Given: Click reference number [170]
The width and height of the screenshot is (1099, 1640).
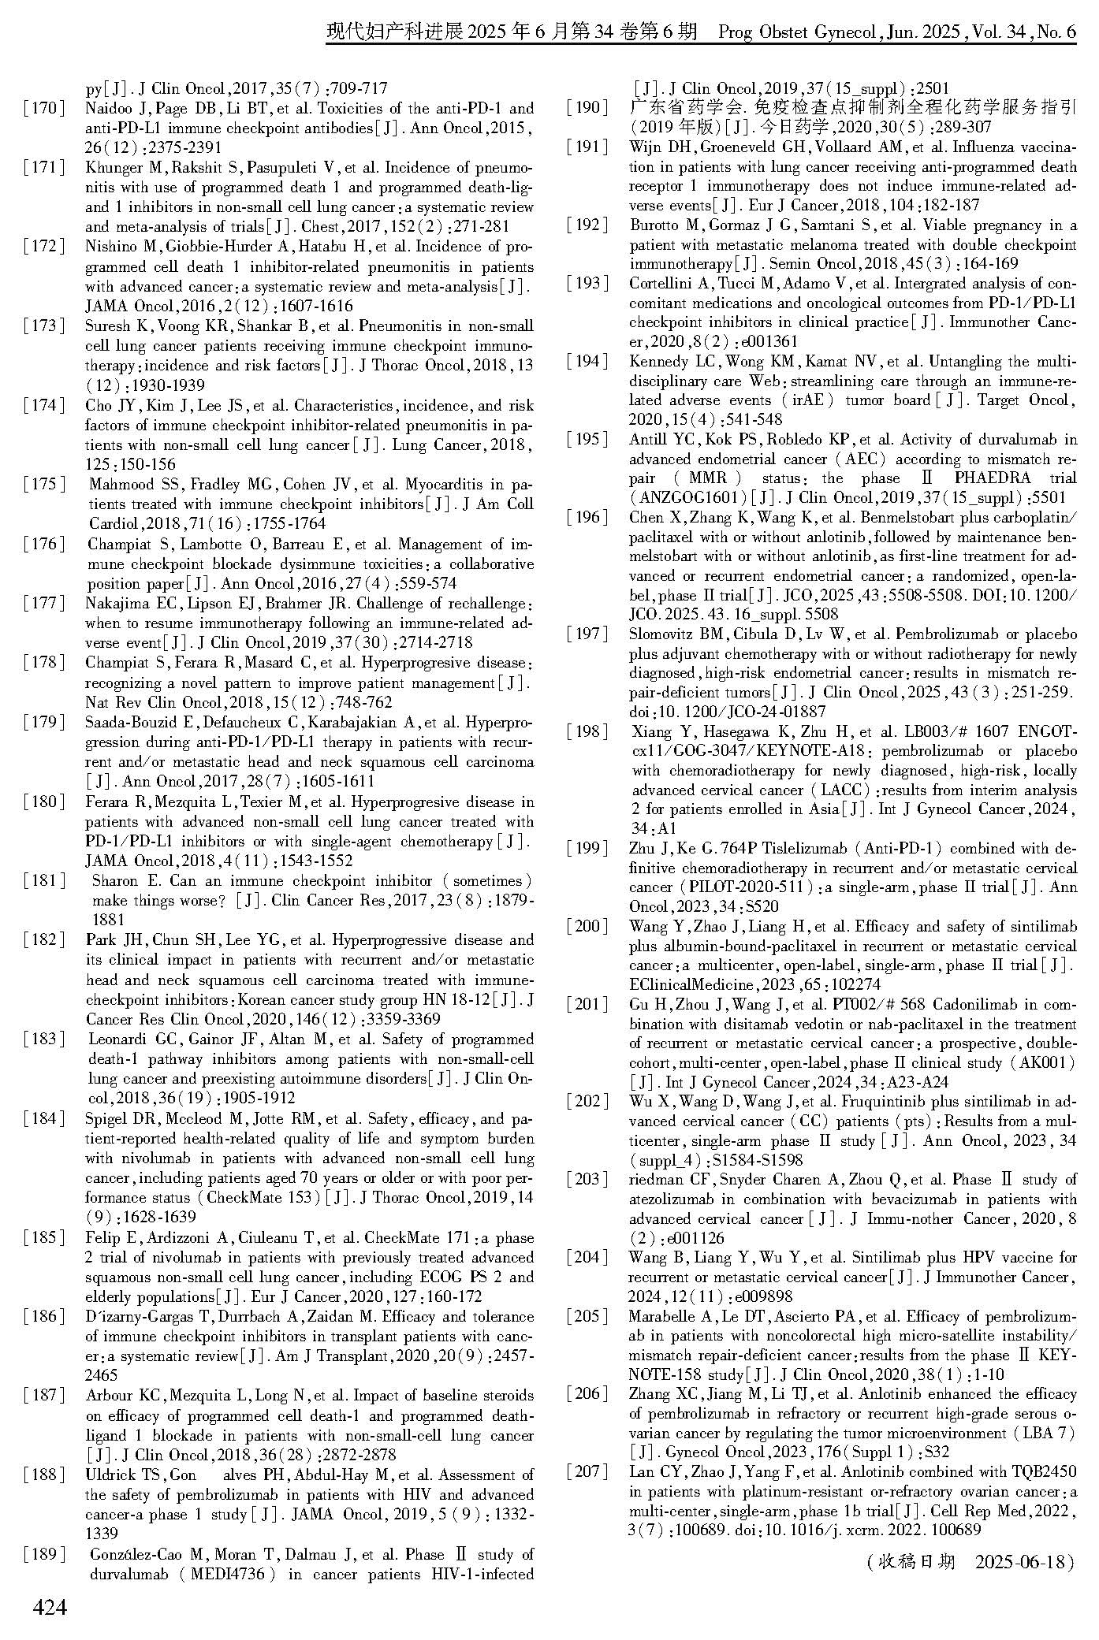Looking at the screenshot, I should (x=45, y=109).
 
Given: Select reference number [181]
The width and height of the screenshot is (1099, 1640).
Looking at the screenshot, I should (x=45, y=881).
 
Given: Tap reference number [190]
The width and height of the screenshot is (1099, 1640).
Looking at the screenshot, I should (x=589, y=108).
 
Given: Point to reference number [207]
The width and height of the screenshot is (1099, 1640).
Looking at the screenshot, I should (x=589, y=1471).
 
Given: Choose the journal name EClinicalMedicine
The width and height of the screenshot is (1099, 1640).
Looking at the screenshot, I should (x=691, y=984).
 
